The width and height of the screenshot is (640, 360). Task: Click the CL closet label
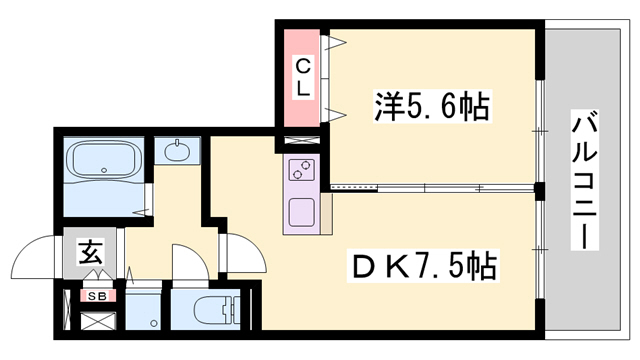(x=302, y=76)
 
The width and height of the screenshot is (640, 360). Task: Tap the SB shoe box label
(x=98, y=295)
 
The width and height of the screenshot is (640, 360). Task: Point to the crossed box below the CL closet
(x=302, y=141)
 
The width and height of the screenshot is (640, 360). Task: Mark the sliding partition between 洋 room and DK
(x=430, y=187)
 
